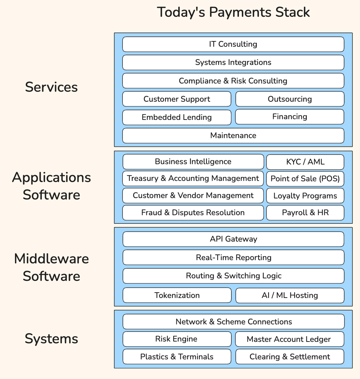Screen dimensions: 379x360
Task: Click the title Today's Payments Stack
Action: pos(233,12)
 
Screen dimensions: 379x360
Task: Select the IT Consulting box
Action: pos(233,44)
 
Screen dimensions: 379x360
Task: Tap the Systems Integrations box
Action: pos(233,62)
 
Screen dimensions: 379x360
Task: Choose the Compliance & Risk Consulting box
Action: pos(233,81)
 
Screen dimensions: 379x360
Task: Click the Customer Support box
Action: pos(177,99)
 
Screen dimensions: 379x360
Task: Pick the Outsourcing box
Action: pos(290,99)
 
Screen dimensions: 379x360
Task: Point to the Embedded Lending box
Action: pos(177,117)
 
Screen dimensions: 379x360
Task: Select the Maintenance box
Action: pos(233,136)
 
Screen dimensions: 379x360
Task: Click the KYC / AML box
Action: pos(305,162)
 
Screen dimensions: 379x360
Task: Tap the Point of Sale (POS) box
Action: pos(305,178)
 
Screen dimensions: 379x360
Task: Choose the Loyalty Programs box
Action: pos(305,196)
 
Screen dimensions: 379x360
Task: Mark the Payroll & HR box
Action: pos(305,213)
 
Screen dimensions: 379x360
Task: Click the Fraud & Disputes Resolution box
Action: pos(193,213)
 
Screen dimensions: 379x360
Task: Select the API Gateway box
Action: pos(233,239)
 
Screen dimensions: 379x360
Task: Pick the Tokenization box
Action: pos(177,295)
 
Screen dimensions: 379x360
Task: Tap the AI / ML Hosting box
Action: pos(290,295)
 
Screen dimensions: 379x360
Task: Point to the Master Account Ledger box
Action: pos(289,339)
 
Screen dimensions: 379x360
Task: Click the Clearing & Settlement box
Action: pos(290,357)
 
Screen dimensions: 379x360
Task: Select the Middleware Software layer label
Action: pos(51,267)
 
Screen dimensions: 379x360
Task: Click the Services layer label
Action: pos(51,87)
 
